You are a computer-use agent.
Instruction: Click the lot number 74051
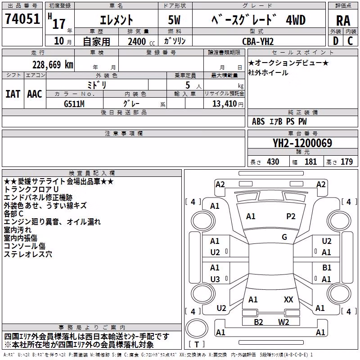(22, 18)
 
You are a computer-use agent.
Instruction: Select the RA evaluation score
(343, 21)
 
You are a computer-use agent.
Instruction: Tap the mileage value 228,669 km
(53, 65)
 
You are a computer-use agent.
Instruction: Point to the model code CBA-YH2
(258, 41)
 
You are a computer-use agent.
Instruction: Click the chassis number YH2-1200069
(302, 143)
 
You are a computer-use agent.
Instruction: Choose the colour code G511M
(74, 104)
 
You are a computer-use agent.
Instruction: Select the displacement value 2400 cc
(141, 41)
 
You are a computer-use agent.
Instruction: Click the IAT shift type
(13, 94)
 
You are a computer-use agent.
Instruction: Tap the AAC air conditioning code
(35, 94)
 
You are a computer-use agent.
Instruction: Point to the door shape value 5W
(174, 20)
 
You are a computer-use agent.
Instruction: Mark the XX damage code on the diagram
(288, 300)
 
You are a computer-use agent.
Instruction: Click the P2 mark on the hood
(291, 216)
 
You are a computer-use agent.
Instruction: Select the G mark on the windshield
(284, 237)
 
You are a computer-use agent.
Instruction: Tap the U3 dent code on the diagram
(215, 279)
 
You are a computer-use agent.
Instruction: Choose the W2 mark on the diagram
(283, 322)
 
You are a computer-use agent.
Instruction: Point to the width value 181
(310, 162)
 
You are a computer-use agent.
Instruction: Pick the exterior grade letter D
(336, 41)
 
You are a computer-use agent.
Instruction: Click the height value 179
(346, 162)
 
